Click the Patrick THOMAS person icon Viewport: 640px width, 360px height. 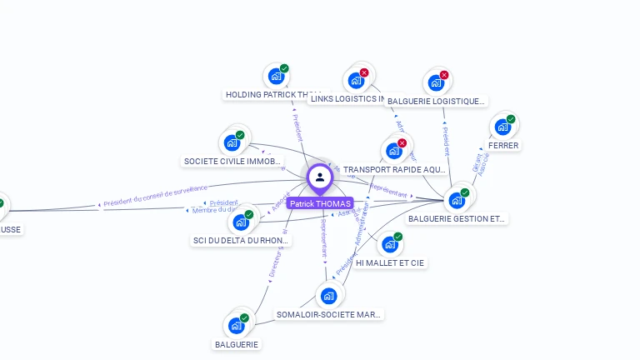(320, 177)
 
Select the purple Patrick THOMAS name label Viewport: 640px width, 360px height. (320, 203)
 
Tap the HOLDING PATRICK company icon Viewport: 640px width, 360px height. (276, 77)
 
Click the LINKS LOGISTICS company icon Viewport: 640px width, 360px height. (356, 81)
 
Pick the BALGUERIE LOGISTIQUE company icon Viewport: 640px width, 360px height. (435, 82)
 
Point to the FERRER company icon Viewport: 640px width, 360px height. (502, 127)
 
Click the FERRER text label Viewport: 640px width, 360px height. (503, 146)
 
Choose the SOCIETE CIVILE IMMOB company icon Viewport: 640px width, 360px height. (232, 142)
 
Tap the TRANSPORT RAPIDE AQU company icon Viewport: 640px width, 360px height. (393, 151)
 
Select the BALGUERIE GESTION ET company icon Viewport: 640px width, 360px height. (456, 200)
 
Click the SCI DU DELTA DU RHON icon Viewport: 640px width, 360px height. (241, 222)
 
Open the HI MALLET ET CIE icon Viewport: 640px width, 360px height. (389, 245)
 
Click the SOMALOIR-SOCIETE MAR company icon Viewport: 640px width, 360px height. (328, 295)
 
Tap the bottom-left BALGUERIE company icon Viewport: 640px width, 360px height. (236, 325)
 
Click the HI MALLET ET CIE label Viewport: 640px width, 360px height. (390, 263)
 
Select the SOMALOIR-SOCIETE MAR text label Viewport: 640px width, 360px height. (328, 315)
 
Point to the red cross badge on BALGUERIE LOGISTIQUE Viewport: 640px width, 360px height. (444, 75)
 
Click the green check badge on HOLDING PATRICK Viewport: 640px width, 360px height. (284, 68)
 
